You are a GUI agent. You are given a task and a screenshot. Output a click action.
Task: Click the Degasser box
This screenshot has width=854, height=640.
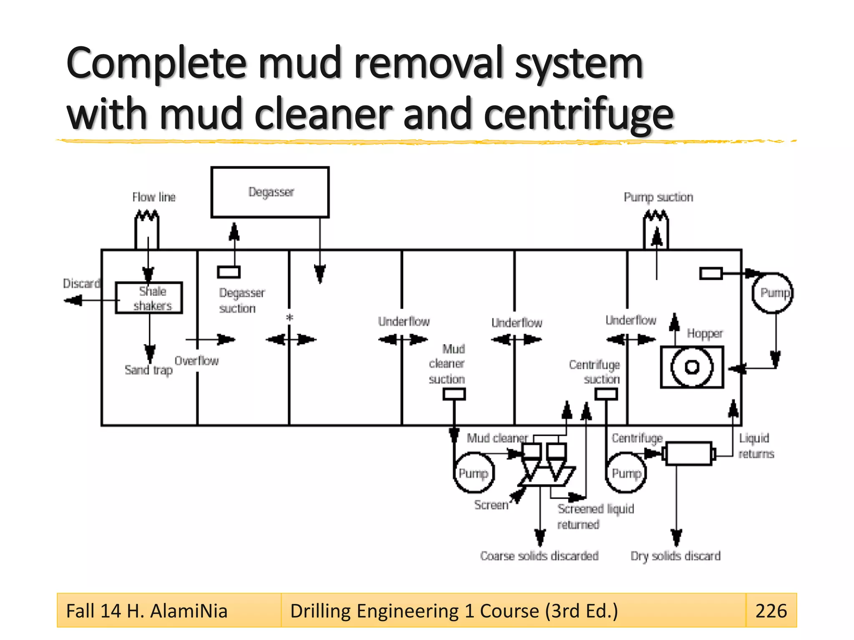point(270,192)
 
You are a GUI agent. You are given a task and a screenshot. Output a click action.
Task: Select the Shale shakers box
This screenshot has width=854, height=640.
point(149,298)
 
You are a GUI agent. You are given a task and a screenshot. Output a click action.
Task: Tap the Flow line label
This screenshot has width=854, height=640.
point(154,197)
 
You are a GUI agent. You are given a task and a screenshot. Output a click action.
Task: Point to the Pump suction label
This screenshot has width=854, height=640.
point(658,197)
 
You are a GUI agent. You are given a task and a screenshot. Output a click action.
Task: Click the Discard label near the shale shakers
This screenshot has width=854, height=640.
point(81,284)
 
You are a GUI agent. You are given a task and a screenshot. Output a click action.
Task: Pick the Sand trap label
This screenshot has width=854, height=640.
point(148,370)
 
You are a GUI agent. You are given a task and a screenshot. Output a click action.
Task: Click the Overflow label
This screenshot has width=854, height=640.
point(196,361)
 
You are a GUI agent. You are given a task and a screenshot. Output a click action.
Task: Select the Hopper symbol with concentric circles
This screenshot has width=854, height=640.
point(692,367)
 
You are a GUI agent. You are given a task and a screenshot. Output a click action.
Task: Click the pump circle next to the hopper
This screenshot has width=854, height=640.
point(773,293)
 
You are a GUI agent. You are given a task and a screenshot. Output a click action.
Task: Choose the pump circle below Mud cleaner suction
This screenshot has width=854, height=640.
point(473,473)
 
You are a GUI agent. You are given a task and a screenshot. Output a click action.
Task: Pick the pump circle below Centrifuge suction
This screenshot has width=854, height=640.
point(625,473)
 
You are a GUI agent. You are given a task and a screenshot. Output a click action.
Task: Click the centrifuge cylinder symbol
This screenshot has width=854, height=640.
point(688,453)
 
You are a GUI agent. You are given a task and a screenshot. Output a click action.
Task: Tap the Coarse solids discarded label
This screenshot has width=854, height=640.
point(539,556)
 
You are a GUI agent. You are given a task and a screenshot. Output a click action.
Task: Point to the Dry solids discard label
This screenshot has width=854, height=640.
point(675,556)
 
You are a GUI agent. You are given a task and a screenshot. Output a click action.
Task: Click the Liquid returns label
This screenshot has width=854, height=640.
point(756,446)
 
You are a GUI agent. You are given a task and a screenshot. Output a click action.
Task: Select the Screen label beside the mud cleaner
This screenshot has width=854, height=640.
point(491,505)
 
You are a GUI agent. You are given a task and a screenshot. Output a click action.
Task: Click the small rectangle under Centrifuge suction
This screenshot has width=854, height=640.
point(605,394)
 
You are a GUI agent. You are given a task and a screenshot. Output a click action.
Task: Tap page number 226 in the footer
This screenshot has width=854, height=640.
point(771,611)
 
